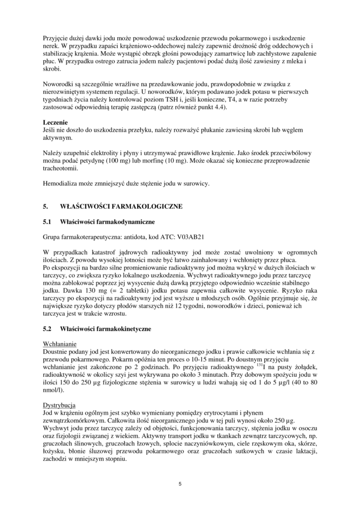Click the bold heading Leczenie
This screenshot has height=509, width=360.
click(55, 122)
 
